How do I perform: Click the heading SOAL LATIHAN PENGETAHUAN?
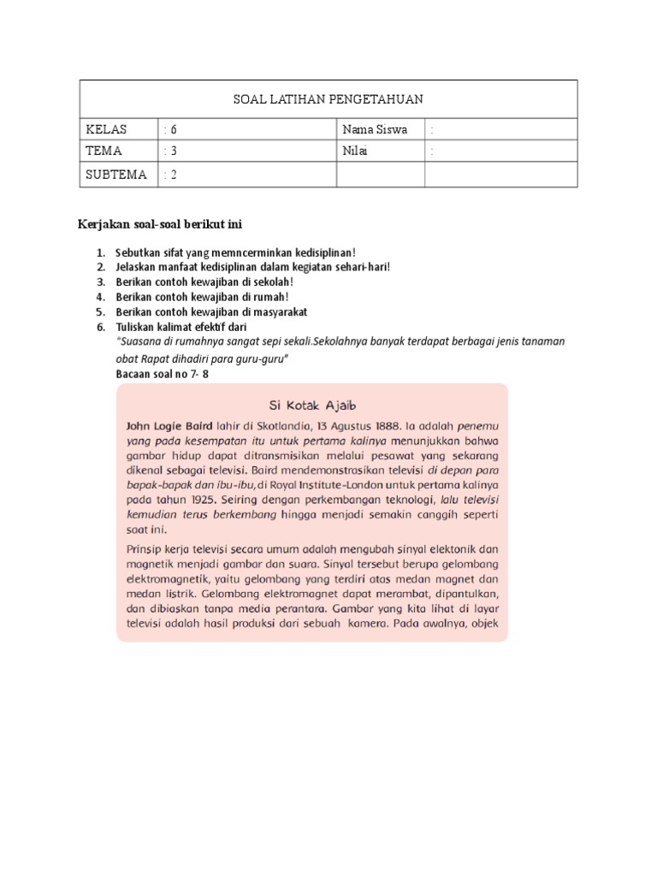tap(328, 99)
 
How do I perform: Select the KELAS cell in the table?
tap(106, 130)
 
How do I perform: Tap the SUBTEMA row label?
tap(116, 175)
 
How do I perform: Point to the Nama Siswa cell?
tap(374, 130)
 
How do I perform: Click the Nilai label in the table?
tap(358, 151)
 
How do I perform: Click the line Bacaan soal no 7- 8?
tap(163, 374)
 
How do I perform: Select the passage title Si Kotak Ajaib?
tap(311, 404)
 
